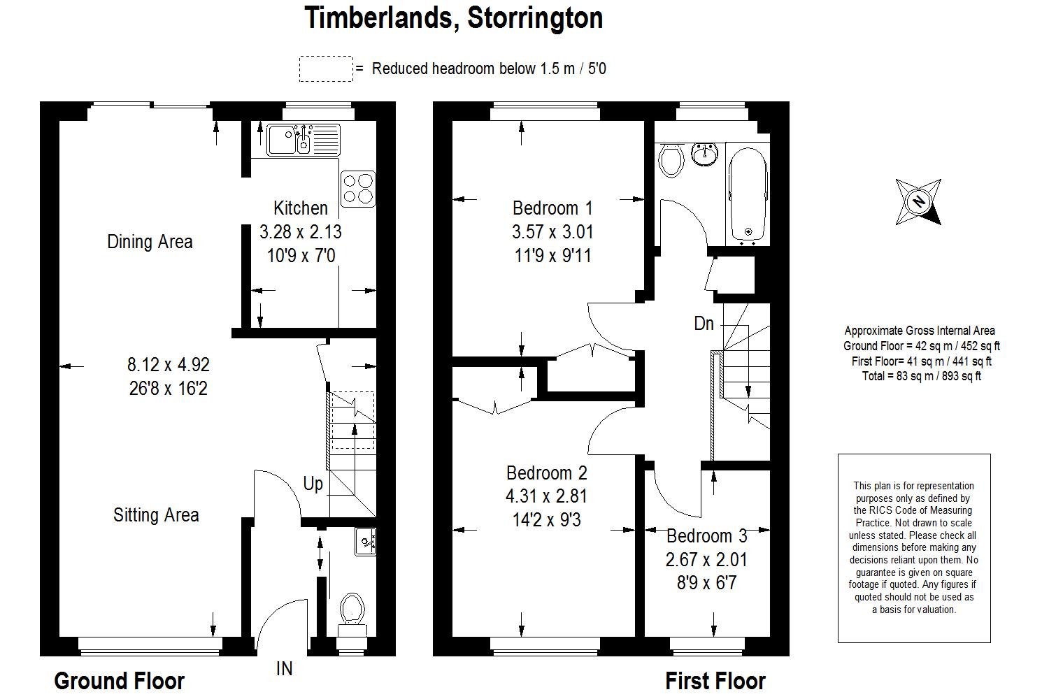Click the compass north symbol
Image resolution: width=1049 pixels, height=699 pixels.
pyautogui.click(x=918, y=202)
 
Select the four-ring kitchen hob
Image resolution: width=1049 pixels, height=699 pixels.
pyautogui.click(x=357, y=189)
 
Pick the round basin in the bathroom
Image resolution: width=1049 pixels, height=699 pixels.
pyautogui.click(x=705, y=153)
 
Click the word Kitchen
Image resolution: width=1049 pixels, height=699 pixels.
pyautogui.click(x=300, y=208)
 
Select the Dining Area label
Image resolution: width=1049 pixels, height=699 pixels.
pyautogui.click(x=150, y=242)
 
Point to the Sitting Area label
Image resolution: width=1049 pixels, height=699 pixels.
pyautogui.click(x=156, y=515)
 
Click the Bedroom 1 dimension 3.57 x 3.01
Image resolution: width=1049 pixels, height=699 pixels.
pyautogui.click(x=552, y=231)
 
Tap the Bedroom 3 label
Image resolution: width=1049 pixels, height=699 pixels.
pyautogui.click(x=706, y=536)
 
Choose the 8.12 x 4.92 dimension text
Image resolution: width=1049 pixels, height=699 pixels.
pyautogui.click(x=168, y=364)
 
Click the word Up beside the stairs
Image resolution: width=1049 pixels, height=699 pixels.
pyautogui.click(x=313, y=483)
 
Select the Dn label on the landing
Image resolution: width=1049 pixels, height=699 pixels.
pyautogui.click(x=704, y=323)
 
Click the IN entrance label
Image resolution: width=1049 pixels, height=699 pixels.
pyautogui.click(x=284, y=669)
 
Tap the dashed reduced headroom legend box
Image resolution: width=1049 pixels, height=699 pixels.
pyautogui.click(x=325, y=69)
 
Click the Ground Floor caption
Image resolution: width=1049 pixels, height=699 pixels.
pyautogui.click(x=119, y=680)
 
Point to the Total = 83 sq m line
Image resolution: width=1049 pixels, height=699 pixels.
pyautogui.click(x=921, y=376)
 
